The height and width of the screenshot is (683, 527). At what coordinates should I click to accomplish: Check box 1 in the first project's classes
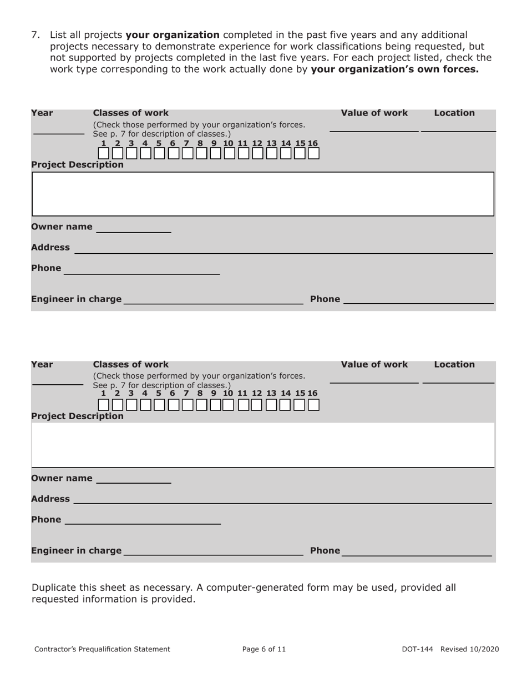(x=103, y=154)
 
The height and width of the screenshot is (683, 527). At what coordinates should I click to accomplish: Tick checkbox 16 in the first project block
(x=313, y=154)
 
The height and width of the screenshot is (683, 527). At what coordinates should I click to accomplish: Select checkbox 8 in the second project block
(x=201, y=405)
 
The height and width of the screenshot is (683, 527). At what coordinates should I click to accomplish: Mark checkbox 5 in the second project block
(x=159, y=405)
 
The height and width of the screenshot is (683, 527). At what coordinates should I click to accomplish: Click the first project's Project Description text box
(x=263, y=194)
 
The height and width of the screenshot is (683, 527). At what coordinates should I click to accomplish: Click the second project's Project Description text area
(x=263, y=445)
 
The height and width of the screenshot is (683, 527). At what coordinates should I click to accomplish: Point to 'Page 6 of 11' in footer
(x=264, y=649)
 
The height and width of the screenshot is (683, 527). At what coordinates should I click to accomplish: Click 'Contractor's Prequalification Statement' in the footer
(x=102, y=649)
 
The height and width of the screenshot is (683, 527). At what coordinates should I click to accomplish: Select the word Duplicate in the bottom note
(x=54, y=587)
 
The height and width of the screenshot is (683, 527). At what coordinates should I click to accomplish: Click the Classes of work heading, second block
(x=131, y=364)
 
